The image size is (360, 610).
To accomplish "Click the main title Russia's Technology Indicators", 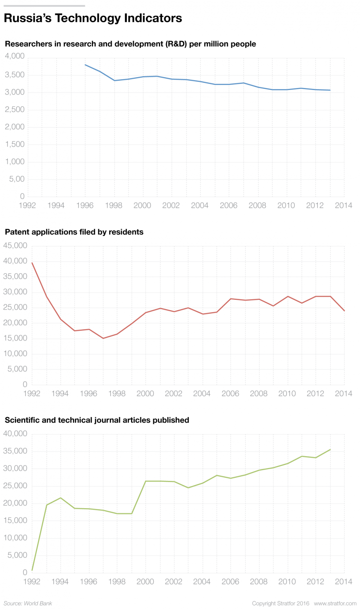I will [93, 18].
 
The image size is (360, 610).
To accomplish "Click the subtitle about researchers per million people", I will [130, 44].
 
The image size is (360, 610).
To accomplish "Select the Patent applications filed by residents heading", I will [74, 232].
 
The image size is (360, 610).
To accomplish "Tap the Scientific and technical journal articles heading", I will [97, 420].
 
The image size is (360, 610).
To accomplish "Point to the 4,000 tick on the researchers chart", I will [15, 56].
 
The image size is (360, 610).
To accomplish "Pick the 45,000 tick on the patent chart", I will [15, 246].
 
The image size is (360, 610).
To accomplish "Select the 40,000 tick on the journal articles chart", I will [15, 434].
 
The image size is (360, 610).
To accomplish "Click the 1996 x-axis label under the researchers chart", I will [85, 206].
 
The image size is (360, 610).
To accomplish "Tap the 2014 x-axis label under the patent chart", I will [344, 394].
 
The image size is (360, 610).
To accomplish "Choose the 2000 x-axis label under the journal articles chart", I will [145, 582].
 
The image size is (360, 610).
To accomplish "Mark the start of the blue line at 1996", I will [85, 65].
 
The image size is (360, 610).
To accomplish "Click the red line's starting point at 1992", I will [32, 263].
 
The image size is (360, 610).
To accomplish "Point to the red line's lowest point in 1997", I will [103, 338].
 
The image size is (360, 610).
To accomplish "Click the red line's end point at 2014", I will [344, 311].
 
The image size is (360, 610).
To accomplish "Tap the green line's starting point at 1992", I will [32, 570].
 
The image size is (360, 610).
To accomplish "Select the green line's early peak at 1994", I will [61, 498].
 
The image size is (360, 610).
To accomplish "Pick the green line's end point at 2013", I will [330, 450].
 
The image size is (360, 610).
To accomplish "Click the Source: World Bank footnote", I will [28, 603].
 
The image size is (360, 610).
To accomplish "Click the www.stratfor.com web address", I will [335, 603].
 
